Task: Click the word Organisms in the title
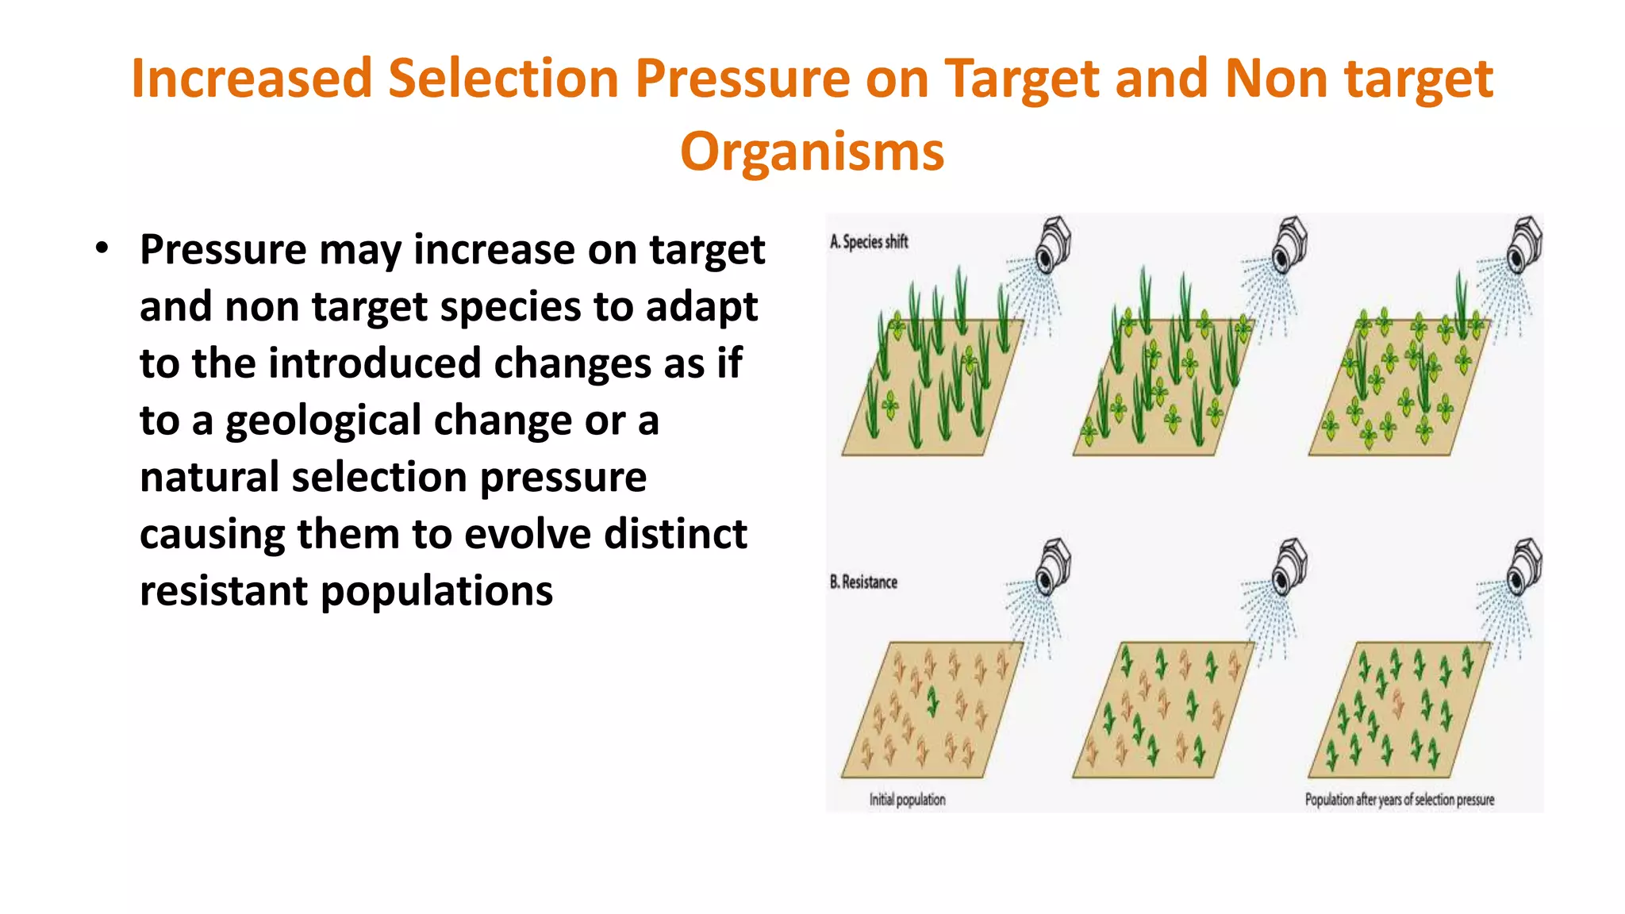[812, 152]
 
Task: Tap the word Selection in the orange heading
[503, 79]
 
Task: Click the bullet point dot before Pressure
[101, 248]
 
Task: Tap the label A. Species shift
[869, 242]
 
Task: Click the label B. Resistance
[863, 582]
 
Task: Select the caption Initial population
[907, 799]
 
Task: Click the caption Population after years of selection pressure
[1399, 799]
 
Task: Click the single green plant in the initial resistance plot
[933, 700]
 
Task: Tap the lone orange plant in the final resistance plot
[1398, 703]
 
